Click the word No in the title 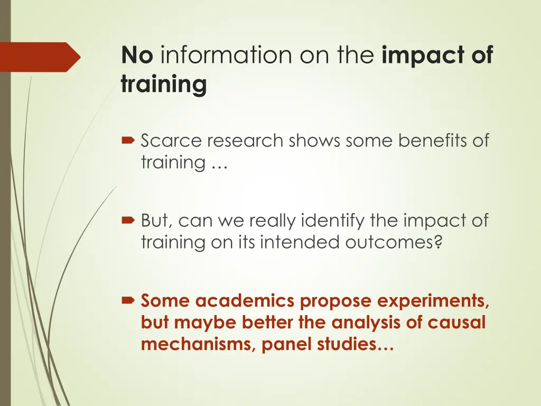[x=137, y=54]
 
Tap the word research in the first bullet [x=241, y=141]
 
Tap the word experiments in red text [x=427, y=301]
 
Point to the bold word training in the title [x=163, y=85]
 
